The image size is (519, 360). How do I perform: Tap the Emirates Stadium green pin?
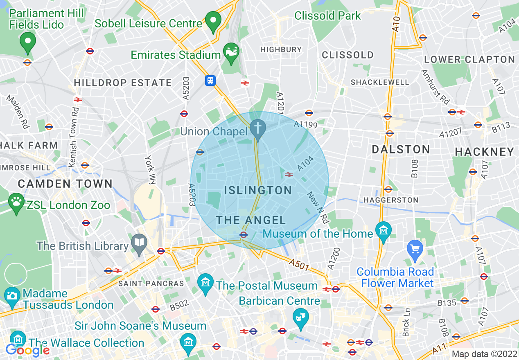[x=231, y=52]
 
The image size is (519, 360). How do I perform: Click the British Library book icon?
[x=139, y=243]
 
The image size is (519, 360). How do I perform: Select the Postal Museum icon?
[x=205, y=282]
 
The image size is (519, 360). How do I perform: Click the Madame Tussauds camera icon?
[x=12, y=295]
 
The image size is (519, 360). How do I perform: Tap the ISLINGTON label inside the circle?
[x=258, y=190]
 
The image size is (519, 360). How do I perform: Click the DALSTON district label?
[x=401, y=149]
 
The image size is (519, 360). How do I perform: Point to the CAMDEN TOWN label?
[x=65, y=184]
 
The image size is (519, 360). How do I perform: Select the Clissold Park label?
[x=327, y=16]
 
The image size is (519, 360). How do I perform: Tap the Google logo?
[x=27, y=350]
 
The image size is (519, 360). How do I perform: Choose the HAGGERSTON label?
[x=391, y=200]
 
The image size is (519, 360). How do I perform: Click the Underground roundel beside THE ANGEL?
[x=244, y=234]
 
